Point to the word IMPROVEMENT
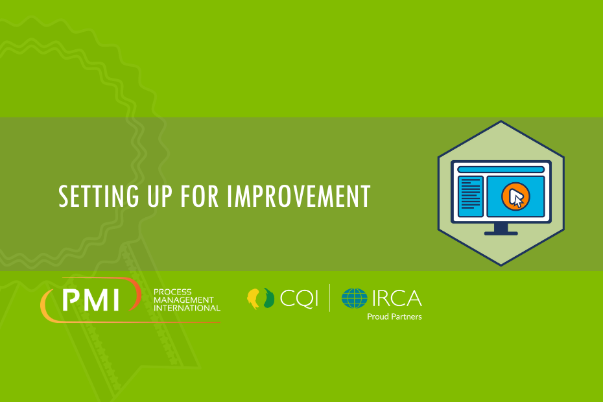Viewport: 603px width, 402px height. [x=298, y=196]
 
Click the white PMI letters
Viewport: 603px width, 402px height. [x=91, y=300]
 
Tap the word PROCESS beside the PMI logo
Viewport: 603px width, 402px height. [x=172, y=292]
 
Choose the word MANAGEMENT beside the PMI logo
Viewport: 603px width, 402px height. [x=183, y=300]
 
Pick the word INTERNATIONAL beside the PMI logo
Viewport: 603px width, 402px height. [x=187, y=308]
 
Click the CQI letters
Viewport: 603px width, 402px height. [x=299, y=298]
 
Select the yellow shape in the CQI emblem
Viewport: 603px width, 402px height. [x=253, y=298]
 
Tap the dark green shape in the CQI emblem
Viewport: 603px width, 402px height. [x=269, y=298]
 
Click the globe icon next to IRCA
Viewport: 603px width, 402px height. [x=354, y=298]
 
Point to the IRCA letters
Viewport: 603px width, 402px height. [x=397, y=298]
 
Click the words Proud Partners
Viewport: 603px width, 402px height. [x=394, y=316]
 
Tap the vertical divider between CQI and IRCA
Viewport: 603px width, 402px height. [x=329, y=298]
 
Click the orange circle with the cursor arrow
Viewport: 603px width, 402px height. [x=515, y=196]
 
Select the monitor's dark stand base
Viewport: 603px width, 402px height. [x=501, y=233]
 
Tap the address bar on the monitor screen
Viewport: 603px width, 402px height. [x=501, y=169]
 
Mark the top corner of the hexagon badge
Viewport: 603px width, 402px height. [x=501, y=121]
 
